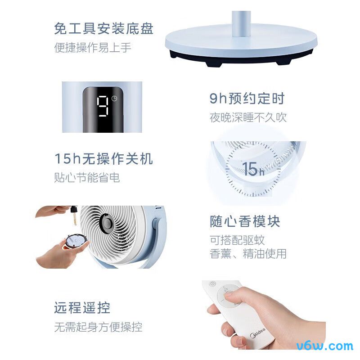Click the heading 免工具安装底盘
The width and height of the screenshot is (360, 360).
coord(103,29)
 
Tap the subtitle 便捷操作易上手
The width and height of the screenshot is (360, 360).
coord(93,48)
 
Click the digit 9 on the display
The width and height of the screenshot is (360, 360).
coord(103,106)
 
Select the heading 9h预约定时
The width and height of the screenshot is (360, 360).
coord(247,99)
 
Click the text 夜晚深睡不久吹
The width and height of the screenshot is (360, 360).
coord(248,118)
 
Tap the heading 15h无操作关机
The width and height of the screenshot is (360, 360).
coord(103,158)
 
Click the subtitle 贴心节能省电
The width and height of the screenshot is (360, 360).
coord(87,178)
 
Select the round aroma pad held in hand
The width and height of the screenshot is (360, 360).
coord(74,241)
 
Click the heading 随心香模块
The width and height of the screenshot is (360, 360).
coord(245,221)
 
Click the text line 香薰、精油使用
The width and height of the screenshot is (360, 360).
coord(248,254)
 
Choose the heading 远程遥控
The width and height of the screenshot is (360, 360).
coord(82,308)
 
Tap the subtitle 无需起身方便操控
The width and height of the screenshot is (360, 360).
coord(98,327)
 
